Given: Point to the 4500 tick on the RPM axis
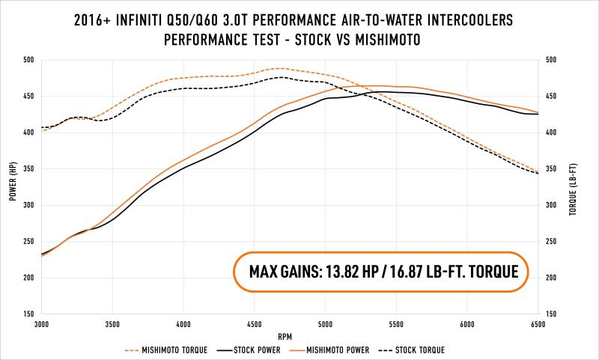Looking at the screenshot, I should click(x=254, y=325).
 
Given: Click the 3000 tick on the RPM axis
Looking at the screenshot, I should click(x=41, y=325).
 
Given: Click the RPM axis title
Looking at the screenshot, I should click(x=290, y=335).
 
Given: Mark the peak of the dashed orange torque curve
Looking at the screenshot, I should click(x=279, y=68).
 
